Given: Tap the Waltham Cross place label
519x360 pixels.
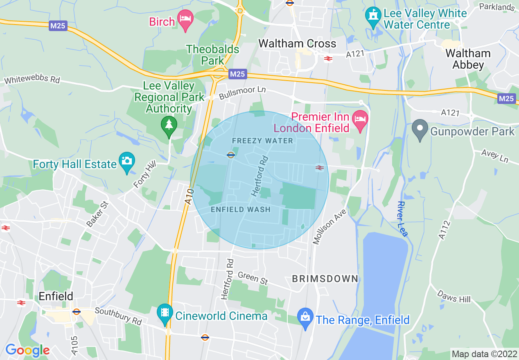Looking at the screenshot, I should coord(297,44).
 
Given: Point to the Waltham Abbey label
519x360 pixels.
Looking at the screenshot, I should coord(468,59).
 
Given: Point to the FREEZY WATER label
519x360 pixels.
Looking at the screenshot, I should coord(262,141).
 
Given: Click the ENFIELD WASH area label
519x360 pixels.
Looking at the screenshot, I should coord(240,209).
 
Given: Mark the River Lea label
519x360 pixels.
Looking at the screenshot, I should coord(403,218).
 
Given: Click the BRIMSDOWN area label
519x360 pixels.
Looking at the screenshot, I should coord(325,279).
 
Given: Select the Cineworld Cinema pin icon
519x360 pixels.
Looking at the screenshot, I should coord(165,314).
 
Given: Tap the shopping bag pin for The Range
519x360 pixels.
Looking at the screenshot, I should coord(305,318).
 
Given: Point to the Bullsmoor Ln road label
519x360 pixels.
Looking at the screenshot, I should coord(242,92).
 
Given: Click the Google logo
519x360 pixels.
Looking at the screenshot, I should coord(27,350).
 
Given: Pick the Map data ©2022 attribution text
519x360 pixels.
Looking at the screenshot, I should coord(484,353).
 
